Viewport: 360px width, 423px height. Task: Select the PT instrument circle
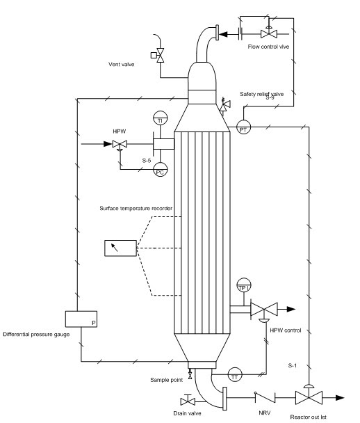click(x=244, y=127)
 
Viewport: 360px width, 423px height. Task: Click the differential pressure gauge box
click(x=81, y=319)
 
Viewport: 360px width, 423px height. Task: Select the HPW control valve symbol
click(x=264, y=309)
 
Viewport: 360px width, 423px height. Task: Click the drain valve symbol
click(x=188, y=401)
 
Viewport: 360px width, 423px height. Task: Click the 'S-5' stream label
click(x=147, y=161)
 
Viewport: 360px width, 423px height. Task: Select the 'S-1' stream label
click(x=295, y=364)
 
